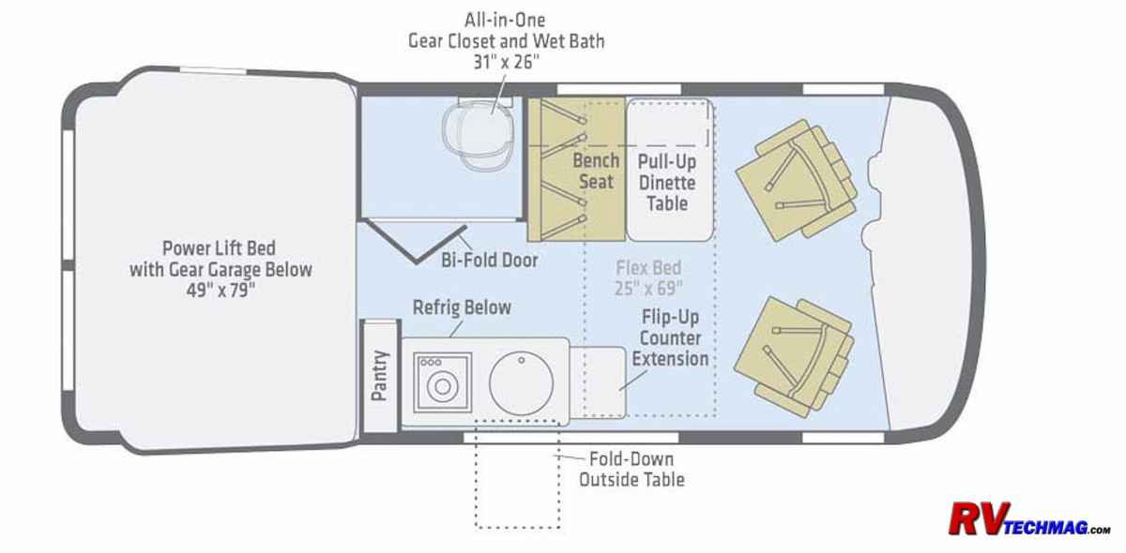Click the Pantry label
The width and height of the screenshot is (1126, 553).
(380, 375)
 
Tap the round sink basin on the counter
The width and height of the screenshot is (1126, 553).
(521, 382)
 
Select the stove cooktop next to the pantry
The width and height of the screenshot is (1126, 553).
(442, 382)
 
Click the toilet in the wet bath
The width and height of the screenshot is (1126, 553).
(479, 134)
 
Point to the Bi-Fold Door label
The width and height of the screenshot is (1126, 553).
(490, 261)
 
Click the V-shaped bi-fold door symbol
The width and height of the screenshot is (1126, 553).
(415, 240)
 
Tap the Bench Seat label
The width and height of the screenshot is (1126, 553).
(596, 172)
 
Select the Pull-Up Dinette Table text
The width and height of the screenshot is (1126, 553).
(667, 183)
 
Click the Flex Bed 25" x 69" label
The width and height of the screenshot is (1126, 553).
(648, 277)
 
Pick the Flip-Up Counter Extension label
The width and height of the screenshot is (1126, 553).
(670, 338)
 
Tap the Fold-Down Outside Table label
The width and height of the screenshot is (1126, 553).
(631, 470)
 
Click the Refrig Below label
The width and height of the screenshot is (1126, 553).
(462, 307)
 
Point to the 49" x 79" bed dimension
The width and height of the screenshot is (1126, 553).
(221, 291)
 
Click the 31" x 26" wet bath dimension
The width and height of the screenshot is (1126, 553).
(506, 62)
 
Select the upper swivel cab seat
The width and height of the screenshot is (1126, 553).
(797, 180)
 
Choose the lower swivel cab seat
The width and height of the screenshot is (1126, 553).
(794, 357)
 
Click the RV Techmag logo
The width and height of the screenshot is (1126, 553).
(1029, 519)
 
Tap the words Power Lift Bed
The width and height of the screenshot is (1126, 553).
(219, 248)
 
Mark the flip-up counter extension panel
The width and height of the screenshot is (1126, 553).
(598, 382)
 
